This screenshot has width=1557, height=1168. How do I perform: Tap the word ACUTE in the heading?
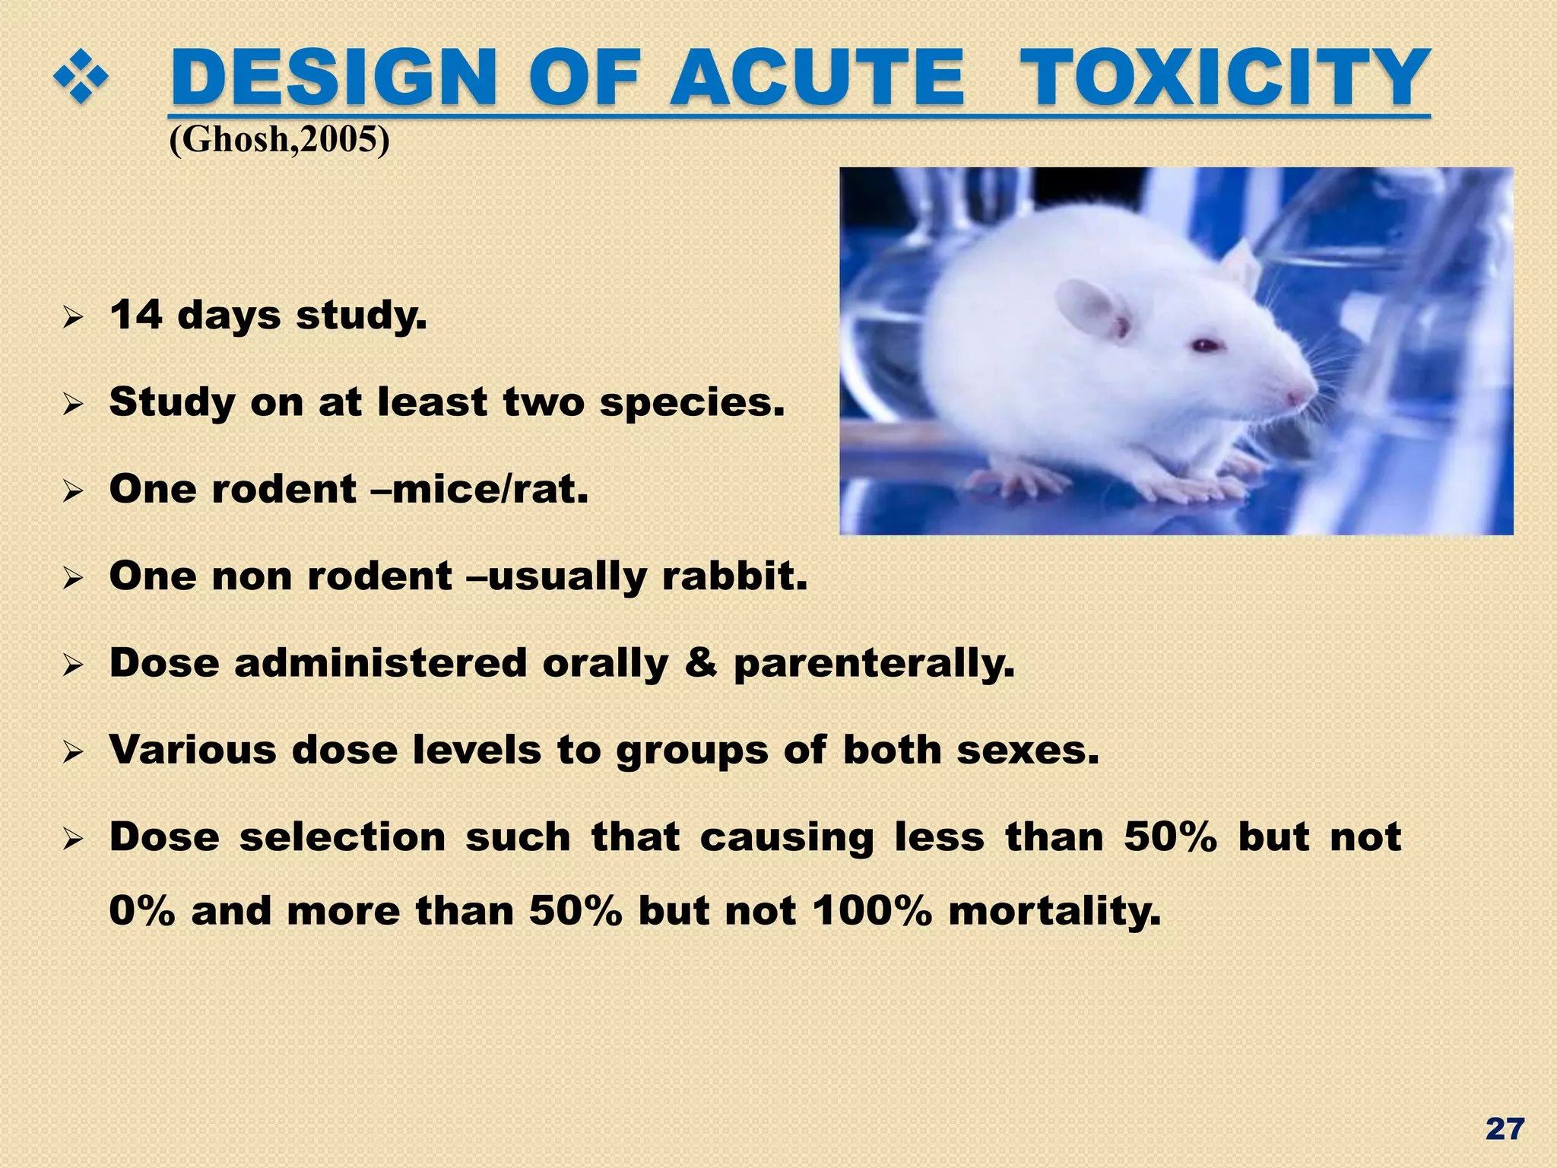coord(817,78)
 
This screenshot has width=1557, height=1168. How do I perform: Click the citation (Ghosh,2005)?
coord(279,140)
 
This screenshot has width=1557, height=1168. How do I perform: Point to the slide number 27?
coord(1505,1129)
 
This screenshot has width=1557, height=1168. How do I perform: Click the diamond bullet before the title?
coord(81,79)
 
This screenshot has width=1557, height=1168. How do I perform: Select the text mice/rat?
coord(490,489)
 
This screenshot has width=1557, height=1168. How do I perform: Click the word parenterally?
coord(874,664)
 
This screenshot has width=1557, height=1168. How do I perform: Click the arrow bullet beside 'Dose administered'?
coord(73,666)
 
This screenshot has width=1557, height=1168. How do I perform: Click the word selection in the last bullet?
coord(342,837)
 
